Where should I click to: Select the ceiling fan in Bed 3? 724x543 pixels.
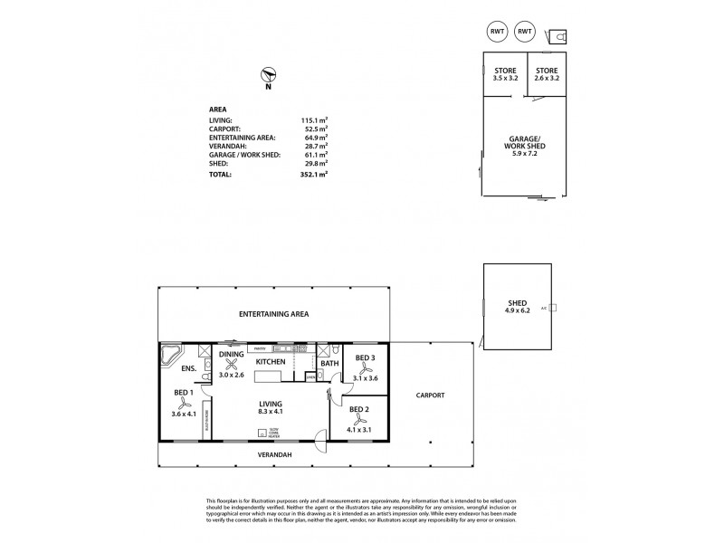[366, 368]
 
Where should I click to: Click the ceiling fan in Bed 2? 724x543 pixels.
[359, 420]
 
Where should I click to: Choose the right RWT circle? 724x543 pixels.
[524, 33]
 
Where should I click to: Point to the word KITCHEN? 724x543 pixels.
[270, 362]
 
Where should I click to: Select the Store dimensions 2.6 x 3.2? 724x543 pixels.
[546, 79]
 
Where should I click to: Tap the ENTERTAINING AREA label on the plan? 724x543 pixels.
[273, 314]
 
